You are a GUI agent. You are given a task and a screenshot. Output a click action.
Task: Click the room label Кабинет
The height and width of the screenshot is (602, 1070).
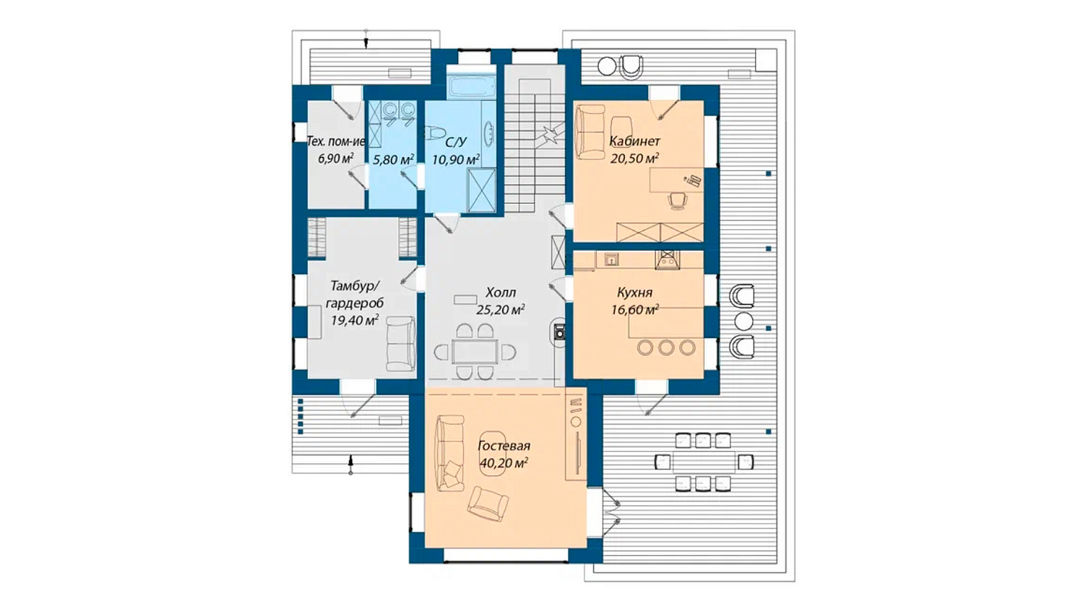(x=635, y=141)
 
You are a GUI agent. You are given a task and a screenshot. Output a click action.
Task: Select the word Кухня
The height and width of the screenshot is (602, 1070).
(x=635, y=292)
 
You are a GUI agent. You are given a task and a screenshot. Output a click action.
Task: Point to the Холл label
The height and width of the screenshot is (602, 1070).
(x=501, y=292)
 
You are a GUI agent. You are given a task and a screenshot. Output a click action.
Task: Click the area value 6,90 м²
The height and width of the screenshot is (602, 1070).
(x=336, y=159)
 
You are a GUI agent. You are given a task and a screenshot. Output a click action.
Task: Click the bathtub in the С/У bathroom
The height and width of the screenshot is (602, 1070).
(x=471, y=87)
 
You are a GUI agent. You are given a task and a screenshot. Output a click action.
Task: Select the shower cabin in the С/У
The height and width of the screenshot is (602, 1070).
(x=481, y=190)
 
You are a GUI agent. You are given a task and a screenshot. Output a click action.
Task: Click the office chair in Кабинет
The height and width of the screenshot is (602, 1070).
(x=677, y=200)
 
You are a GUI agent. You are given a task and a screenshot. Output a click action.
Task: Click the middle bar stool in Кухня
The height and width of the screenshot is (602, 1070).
(x=666, y=347)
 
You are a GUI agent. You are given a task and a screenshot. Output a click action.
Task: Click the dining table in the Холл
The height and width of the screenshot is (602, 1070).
(x=475, y=352)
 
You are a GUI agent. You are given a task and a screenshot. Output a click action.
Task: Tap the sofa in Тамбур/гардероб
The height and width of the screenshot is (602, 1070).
(x=401, y=343)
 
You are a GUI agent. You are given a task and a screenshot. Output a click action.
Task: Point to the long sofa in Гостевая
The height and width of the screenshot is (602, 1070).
(x=449, y=453)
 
